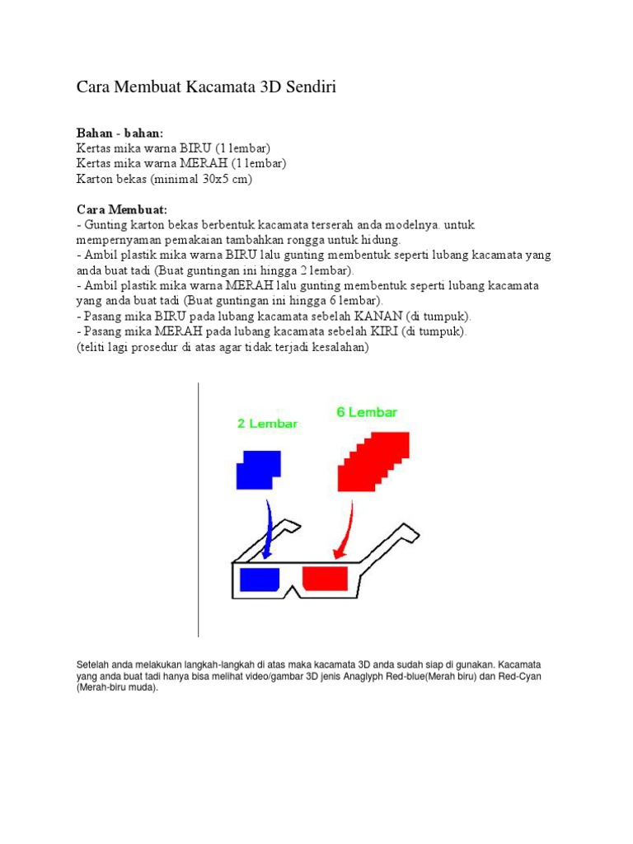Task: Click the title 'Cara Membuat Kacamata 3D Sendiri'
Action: [206, 87]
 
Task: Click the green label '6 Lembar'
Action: [367, 412]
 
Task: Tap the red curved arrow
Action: [346, 532]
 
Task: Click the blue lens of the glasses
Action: [260, 580]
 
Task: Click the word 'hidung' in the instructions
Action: [380, 240]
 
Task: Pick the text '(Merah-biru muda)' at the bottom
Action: [116, 687]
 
